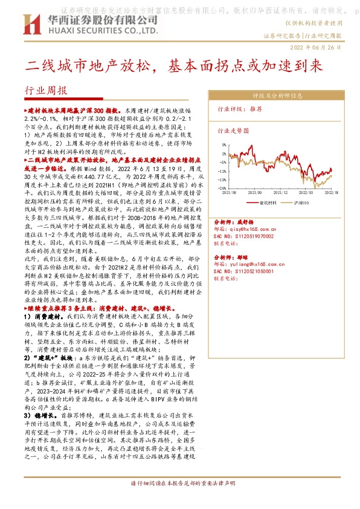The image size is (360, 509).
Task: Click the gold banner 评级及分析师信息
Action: pyautogui.click(x=277, y=96)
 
